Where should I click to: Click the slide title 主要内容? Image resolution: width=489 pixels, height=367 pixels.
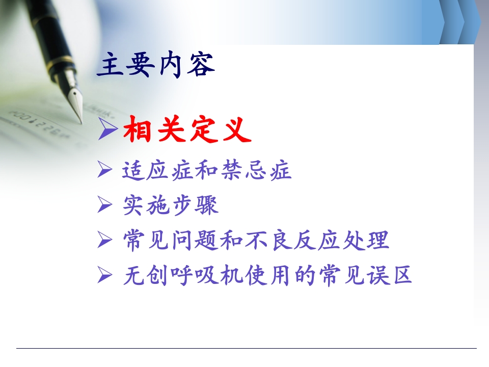pos(156,65)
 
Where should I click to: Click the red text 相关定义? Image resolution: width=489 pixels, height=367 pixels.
pos(187,130)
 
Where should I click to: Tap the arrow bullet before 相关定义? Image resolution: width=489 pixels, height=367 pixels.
pos(107,130)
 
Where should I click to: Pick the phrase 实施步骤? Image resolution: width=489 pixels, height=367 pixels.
pos(171,205)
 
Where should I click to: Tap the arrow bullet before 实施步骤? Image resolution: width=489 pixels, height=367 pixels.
pos(104,206)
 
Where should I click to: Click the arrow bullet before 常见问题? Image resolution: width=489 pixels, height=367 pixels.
pos(104,241)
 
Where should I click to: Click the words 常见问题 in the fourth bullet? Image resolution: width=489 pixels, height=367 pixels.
pos(171,241)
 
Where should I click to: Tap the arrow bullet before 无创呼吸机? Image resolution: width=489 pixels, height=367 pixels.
pos(104,276)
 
